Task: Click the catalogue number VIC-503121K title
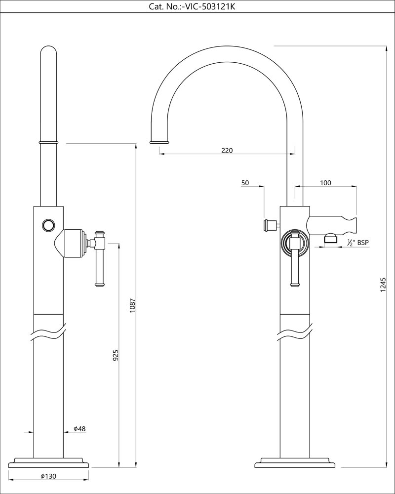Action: pos(195,6)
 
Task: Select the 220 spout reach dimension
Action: pos(227,150)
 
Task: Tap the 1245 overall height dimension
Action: pos(383,286)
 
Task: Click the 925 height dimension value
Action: pos(115,355)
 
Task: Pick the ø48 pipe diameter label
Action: pos(80,429)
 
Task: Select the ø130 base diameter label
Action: pos(48,476)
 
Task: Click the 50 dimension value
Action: pos(245,183)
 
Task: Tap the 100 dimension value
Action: pos(325,183)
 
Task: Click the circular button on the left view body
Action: pos(48,225)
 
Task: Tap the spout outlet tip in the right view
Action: pos(159,142)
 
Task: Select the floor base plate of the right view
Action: pos(295,463)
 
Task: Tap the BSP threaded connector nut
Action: pos(330,240)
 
